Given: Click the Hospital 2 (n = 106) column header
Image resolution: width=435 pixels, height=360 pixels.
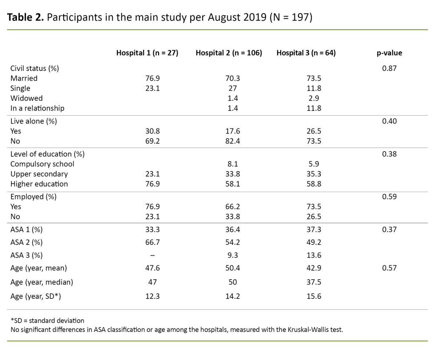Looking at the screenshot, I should point(229,53).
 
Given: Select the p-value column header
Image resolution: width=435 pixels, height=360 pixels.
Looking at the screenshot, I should point(389,53).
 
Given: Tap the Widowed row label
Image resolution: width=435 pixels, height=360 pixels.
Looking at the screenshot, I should point(26,98).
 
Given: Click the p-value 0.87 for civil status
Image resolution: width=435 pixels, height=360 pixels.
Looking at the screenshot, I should point(389,68).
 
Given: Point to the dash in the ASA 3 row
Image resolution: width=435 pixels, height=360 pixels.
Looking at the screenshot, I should point(152,255).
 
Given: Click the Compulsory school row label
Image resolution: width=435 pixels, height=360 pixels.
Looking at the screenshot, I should point(42,164).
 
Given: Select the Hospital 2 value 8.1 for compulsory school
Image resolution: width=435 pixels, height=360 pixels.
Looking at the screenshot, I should point(233,164).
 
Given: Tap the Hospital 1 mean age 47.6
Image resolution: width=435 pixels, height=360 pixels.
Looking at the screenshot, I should point(152,268).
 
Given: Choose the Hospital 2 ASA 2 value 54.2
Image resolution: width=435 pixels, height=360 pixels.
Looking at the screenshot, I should point(233,242).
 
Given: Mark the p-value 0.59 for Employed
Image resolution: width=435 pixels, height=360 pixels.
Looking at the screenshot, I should point(389,197).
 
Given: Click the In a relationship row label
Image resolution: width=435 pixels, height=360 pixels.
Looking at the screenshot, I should point(37,108).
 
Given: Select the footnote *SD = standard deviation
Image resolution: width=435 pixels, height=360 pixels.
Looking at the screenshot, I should point(47,320).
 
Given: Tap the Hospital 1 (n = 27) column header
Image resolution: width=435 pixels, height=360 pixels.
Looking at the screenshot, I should point(147,53).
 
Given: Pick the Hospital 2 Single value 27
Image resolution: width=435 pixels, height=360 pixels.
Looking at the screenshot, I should point(233,88).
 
